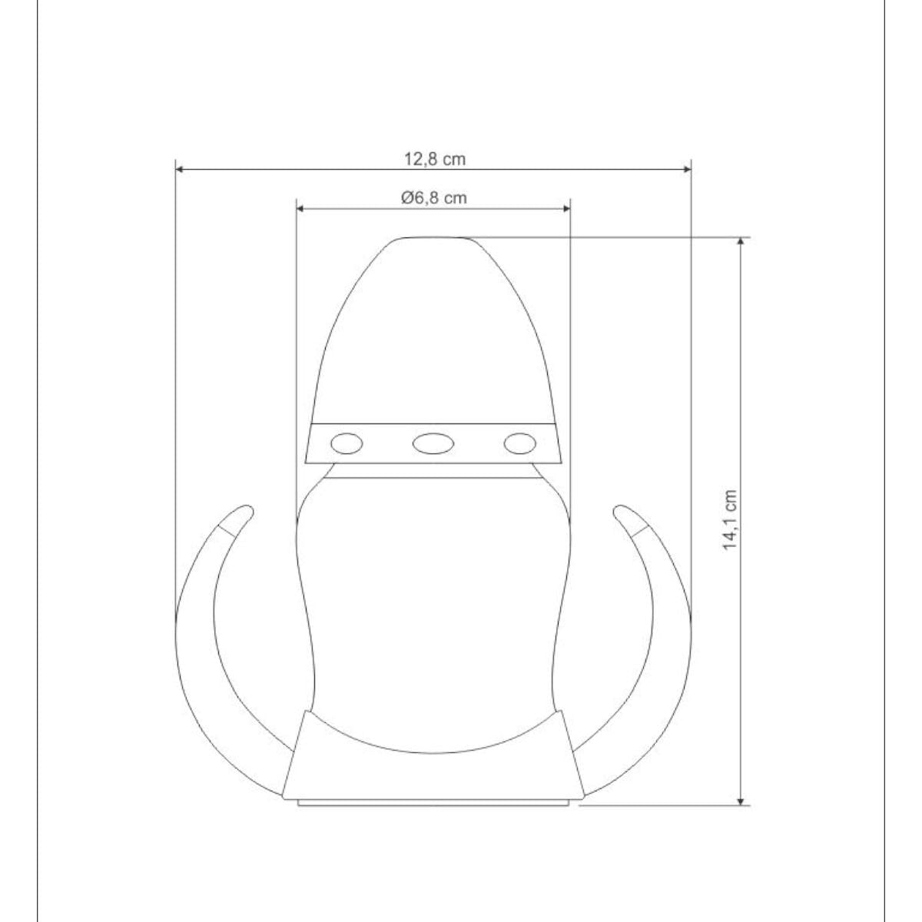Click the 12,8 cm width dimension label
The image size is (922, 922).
[434, 159]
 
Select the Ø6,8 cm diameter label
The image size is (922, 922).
[434, 197]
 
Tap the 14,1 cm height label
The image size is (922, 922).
[730, 519]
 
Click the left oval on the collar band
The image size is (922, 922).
[347, 443]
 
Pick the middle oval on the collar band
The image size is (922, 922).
[433, 443]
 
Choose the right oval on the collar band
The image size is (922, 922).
[519, 443]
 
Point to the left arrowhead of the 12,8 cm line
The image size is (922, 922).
[180, 169]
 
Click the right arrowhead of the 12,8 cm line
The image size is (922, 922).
[687, 169]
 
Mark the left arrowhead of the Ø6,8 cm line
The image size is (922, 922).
[300, 208]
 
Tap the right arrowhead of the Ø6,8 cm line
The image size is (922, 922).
[566, 208]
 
